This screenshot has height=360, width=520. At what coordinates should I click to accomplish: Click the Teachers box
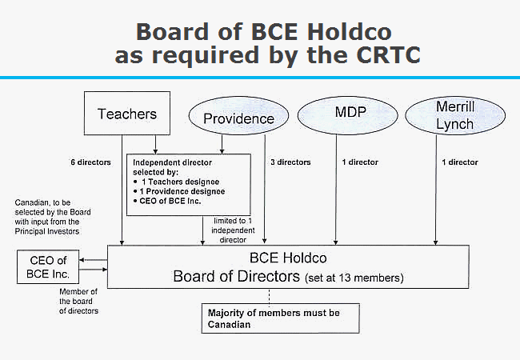point(126,114)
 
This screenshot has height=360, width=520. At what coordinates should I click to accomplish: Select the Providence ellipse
point(238,119)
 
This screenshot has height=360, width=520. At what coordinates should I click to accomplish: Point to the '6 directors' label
point(89,162)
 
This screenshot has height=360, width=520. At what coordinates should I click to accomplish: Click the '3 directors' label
point(290,162)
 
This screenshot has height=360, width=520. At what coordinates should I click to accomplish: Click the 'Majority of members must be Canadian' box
point(270,318)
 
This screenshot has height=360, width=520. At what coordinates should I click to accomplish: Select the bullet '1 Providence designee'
point(183,192)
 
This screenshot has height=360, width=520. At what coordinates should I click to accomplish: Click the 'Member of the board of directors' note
point(79,300)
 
